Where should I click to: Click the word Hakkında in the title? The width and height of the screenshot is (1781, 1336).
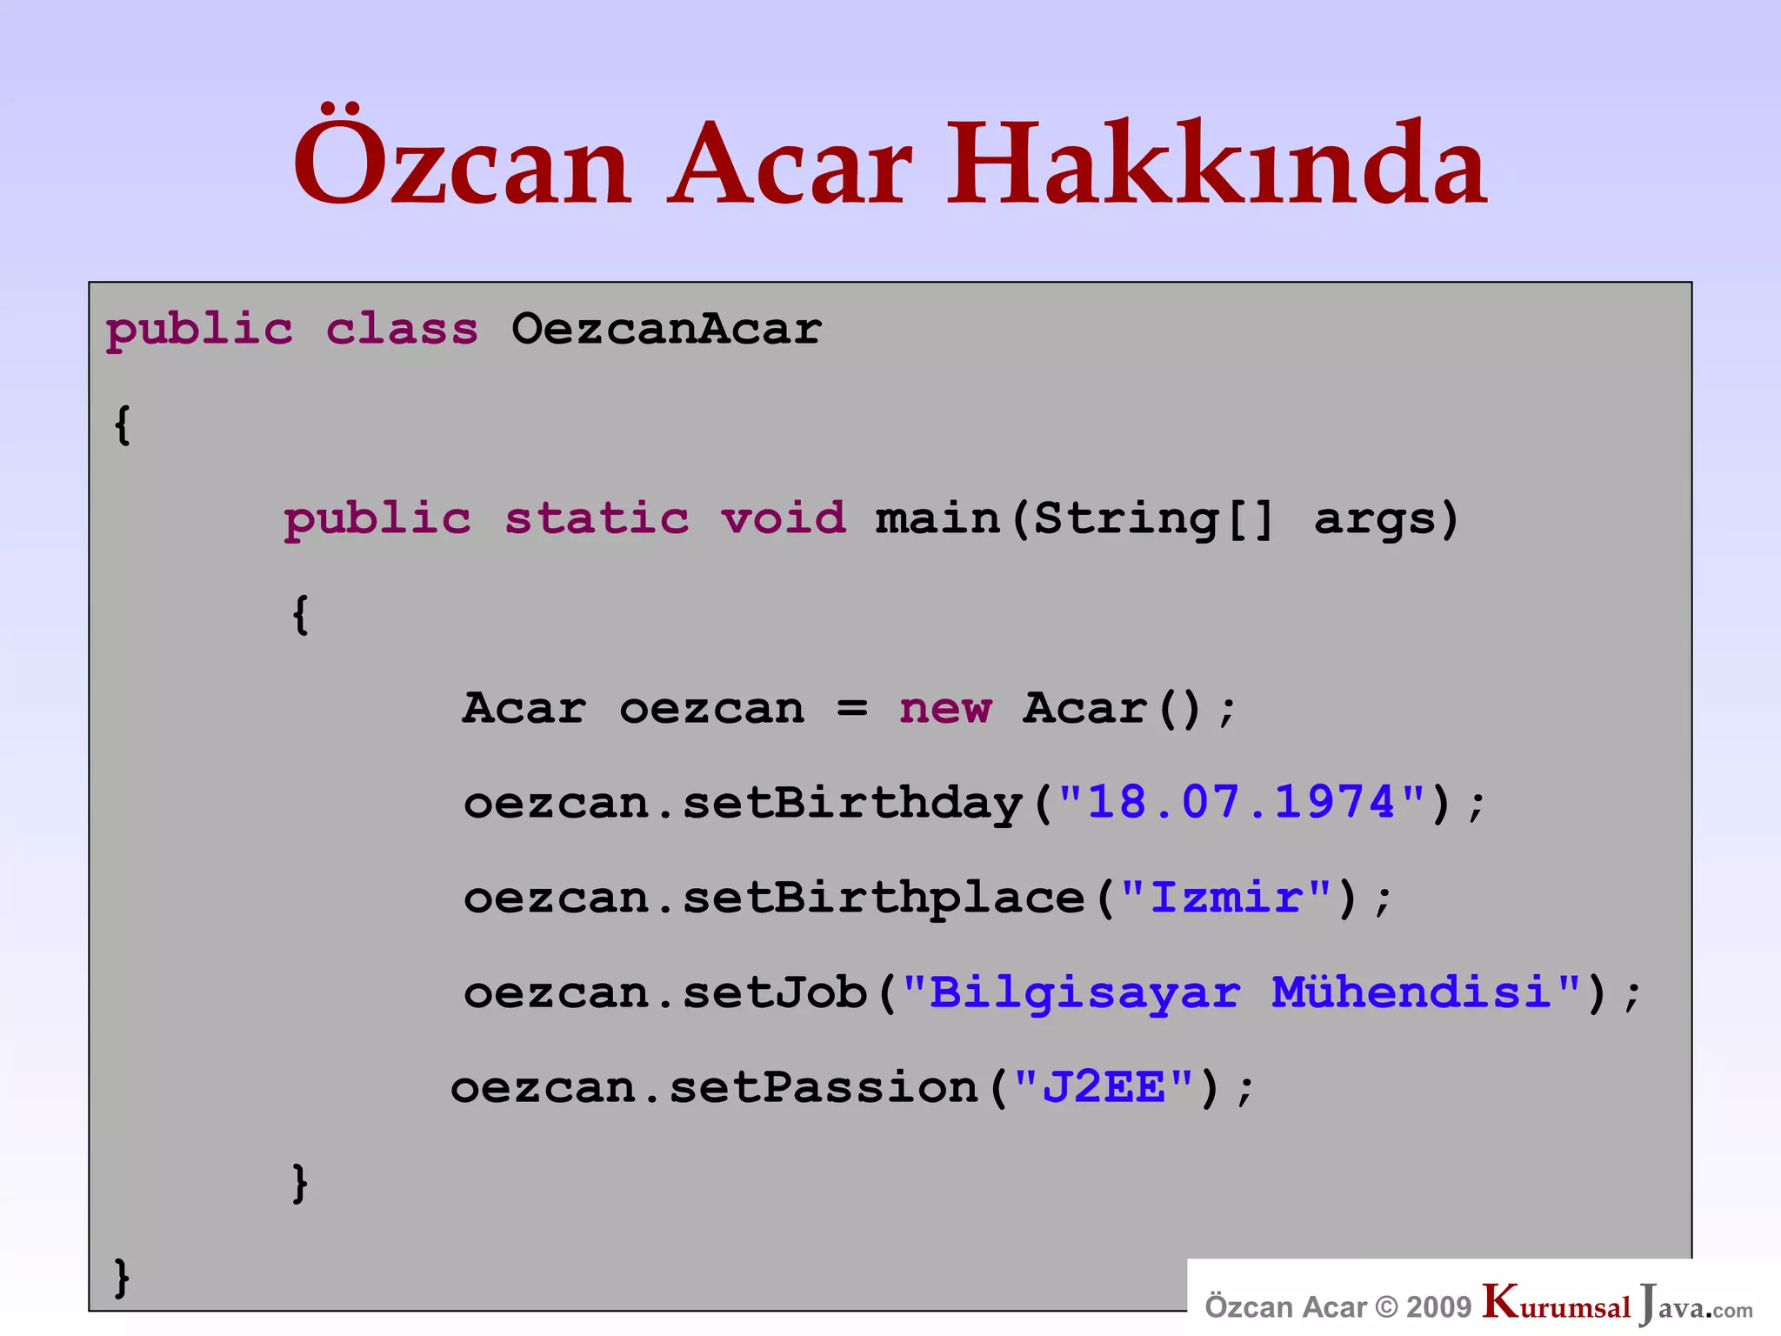tap(1217, 165)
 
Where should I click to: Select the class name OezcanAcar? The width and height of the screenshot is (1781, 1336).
tap(666, 330)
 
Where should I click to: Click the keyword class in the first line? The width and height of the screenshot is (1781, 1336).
tap(402, 330)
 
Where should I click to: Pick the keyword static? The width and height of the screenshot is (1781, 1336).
tap(597, 519)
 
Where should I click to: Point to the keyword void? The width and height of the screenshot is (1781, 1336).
tap(783, 519)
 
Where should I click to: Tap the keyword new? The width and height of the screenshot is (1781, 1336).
tap(945, 709)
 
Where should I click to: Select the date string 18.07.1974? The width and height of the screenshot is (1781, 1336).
tap(1242, 802)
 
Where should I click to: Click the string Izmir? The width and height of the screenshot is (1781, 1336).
tap(1226, 898)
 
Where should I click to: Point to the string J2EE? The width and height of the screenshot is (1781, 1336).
tap(1104, 1087)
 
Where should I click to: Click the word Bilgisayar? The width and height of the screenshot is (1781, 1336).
tap(1084, 994)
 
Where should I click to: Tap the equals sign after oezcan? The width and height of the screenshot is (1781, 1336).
tap(852, 709)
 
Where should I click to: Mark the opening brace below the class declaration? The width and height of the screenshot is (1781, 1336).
tap(123, 425)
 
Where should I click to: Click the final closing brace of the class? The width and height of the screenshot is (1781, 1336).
tap(123, 1278)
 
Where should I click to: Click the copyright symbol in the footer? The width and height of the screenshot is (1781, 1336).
tap(1387, 1306)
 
